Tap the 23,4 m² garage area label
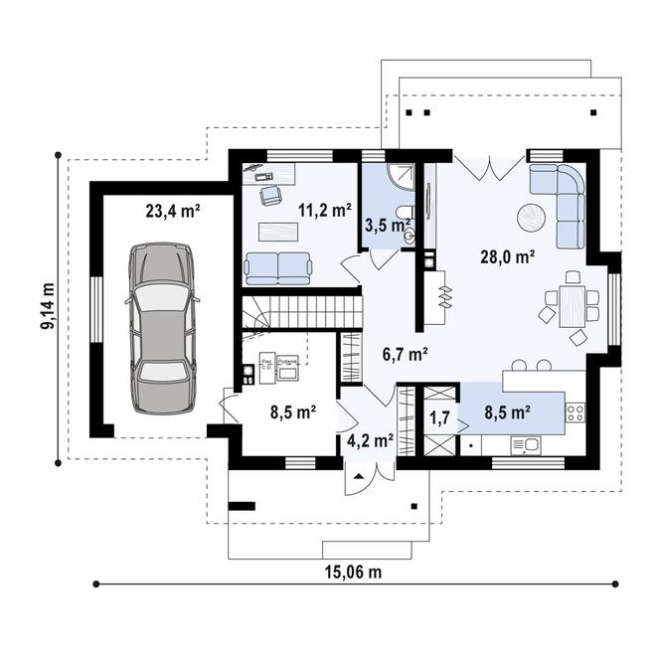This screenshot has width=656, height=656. pos(174,211)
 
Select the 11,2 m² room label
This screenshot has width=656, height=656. pos(325,211)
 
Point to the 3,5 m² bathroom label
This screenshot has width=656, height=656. pos(387,226)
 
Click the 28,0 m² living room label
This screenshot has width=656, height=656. pos(508,255)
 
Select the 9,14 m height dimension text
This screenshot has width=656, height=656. pos(47,308)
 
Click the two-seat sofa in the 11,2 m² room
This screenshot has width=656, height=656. pos(277,266)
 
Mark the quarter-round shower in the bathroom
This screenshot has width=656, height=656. pos(401,176)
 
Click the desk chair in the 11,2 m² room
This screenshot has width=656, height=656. pos(268,194)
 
